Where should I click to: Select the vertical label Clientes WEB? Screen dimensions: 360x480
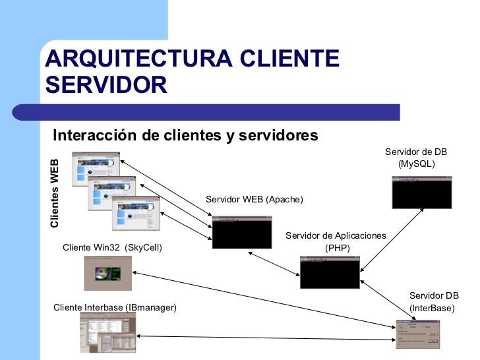coord(55,193)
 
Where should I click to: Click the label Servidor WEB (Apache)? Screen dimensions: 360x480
coord(255,199)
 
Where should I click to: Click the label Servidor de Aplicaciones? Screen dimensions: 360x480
coord(336,236)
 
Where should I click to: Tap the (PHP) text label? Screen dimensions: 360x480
coord(338,249)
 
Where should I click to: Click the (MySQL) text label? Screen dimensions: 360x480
coord(417,163)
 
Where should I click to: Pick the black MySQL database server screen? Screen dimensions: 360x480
coord(421,192)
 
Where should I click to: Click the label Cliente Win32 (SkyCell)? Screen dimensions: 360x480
coord(112,247)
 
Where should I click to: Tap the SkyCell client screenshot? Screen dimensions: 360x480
coord(107,273)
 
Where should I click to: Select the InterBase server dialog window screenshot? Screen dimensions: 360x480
coord(417,332)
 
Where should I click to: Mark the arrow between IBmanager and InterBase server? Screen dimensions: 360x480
coord(264,338)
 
